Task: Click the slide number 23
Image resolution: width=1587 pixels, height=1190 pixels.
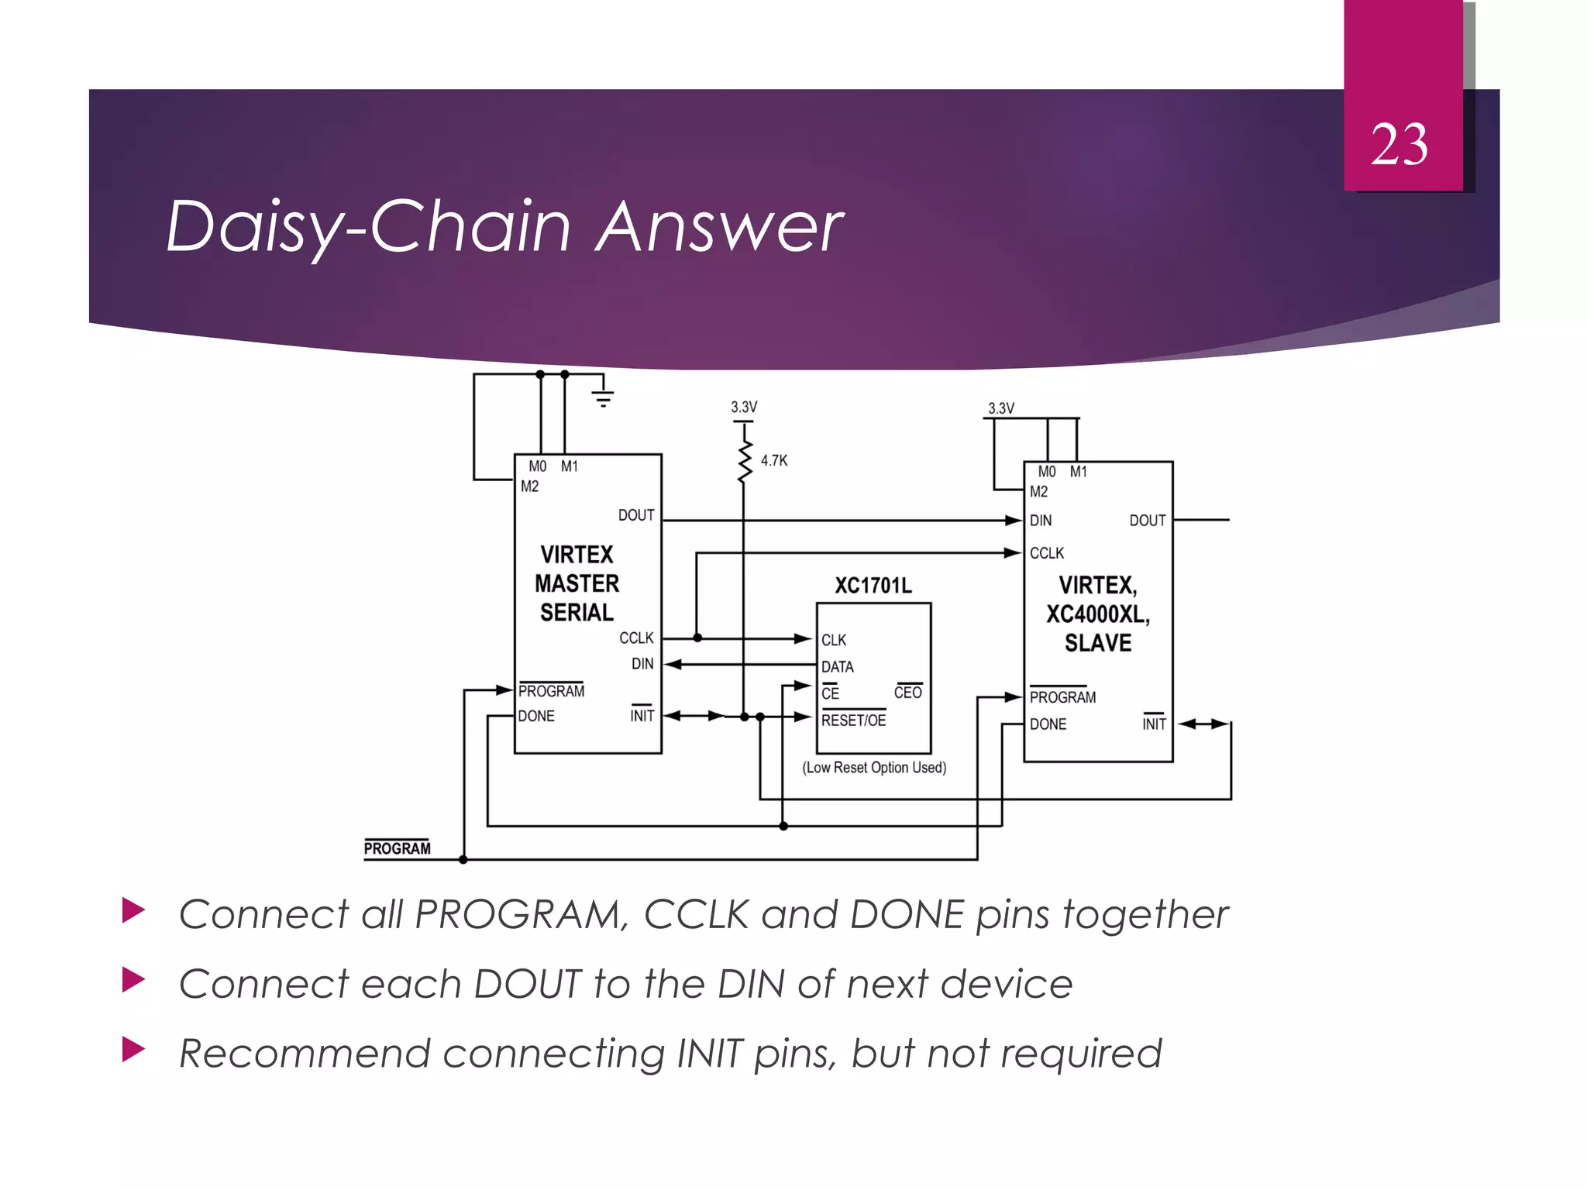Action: [1399, 145]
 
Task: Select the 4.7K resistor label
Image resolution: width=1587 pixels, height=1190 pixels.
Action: [773, 460]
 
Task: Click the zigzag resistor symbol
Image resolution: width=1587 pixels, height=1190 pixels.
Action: [744, 462]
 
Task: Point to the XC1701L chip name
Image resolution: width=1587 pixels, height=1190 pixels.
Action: [873, 585]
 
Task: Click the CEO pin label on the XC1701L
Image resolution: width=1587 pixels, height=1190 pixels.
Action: [907, 693]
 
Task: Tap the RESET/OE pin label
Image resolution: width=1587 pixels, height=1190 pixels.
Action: [853, 721]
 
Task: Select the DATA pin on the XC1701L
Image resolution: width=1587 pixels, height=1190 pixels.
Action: [838, 666]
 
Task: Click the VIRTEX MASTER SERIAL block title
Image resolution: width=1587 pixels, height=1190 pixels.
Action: [577, 583]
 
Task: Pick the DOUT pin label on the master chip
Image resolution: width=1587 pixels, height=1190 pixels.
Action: [636, 515]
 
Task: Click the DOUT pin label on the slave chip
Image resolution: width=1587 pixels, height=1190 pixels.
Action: [1147, 521]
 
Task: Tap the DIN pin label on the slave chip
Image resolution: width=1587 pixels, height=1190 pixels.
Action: [1041, 521]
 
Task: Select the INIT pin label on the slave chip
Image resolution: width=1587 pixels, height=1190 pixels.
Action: [1153, 724]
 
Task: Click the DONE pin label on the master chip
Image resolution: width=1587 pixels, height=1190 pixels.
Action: [536, 716]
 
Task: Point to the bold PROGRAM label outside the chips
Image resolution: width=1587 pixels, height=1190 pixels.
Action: [397, 848]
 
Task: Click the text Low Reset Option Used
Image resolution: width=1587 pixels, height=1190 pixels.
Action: [874, 768]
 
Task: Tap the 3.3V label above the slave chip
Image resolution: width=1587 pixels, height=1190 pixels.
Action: [1000, 408]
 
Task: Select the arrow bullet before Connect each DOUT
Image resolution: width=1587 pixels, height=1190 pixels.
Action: [133, 980]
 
